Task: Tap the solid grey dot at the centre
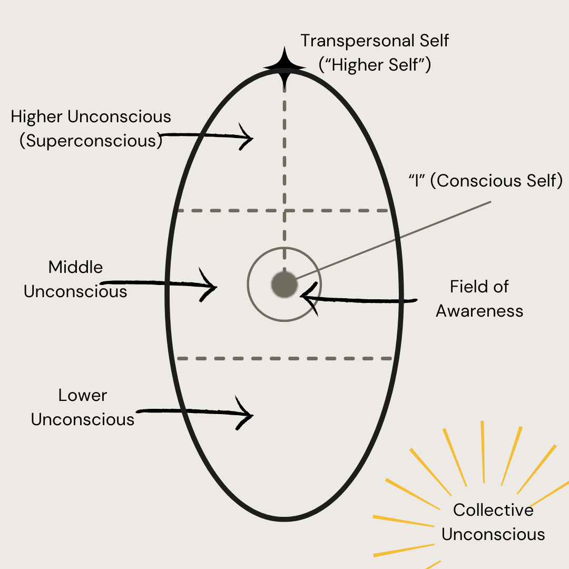[x=284, y=284]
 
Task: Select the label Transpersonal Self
[x=375, y=41]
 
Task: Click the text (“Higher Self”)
[x=375, y=65]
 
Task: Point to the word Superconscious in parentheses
[x=91, y=141]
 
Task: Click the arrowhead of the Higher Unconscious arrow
[x=248, y=138]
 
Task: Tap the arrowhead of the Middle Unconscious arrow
[x=211, y=287]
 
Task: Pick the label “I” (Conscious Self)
[x=485, y=181]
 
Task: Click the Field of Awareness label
[x=479, y=299]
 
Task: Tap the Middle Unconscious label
[x=75, y=279]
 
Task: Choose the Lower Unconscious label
[x=83, y=407]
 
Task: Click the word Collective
[x=493, y=510]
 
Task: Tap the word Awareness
[x=479, y=311]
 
